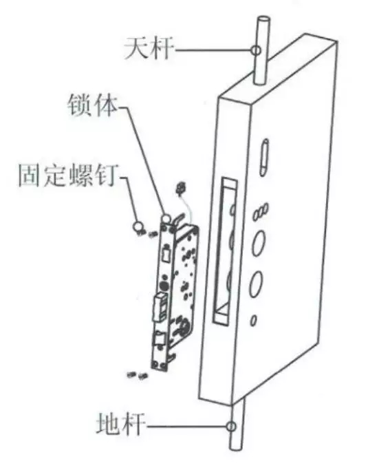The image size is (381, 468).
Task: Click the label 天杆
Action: pos(149,48)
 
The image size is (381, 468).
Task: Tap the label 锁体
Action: pos(93,106)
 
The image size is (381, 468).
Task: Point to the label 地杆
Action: pos(120,424)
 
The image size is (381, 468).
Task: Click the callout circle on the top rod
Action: pos(256,50)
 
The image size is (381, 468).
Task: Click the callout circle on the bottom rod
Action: pos(230,426)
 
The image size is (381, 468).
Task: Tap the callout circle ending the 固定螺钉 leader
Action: pos(138,226)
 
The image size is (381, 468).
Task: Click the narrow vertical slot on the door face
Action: pos(264,157)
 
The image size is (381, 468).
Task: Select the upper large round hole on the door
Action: pos(258,244)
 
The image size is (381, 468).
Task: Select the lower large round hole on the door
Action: pos(256,284)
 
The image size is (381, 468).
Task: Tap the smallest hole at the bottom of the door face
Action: pos(253,320)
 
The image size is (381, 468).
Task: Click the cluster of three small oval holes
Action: pos(261,211)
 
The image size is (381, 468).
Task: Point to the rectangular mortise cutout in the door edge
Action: pos(226,251)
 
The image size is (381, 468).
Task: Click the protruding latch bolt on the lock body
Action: pos(160,307)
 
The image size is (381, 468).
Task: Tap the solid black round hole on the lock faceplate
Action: pos(164,286)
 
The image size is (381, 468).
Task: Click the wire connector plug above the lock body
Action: pos(180,187)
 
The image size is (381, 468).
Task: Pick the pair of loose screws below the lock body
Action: pos(137,374)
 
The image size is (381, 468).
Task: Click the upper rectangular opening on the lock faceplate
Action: pos(166,254)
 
